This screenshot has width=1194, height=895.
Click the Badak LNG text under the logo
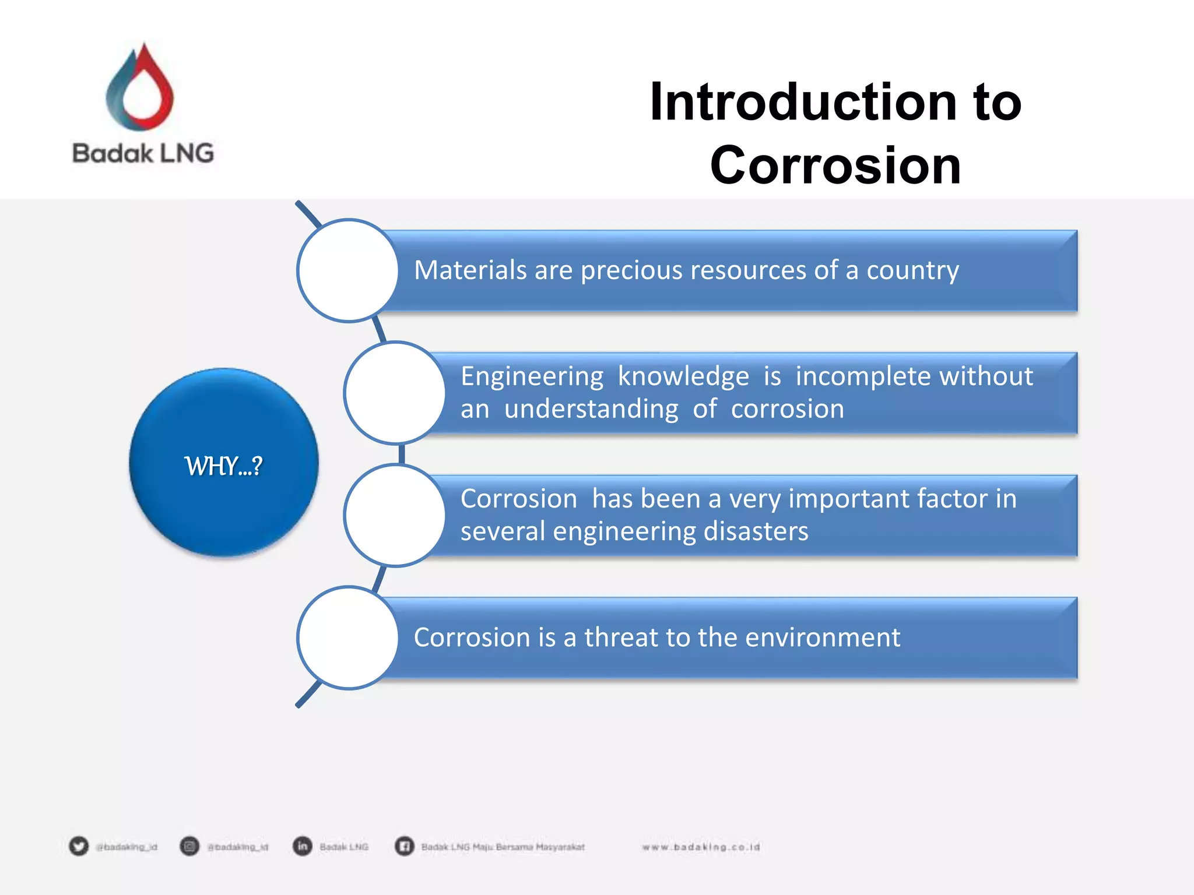[143, 153]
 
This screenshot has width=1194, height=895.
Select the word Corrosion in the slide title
[835, 166]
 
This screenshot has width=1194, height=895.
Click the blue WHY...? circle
[224, 463]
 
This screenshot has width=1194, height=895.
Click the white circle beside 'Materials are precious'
[348, 270]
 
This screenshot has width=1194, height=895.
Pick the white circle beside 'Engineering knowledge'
[395, 393]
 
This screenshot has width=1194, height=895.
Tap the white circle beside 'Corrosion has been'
[395, 515]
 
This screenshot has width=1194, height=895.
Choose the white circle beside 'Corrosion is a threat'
[348, 637]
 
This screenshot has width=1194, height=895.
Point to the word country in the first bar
[912, 270]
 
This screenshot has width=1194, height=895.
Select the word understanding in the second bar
[591, 409]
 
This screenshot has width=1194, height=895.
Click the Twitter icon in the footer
[79, 846]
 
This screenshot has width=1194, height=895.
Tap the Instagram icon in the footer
[189, 846]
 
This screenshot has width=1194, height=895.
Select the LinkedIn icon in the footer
[302, 846]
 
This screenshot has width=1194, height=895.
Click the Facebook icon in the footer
[404, 846]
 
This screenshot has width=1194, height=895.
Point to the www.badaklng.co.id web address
[701, 847]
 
